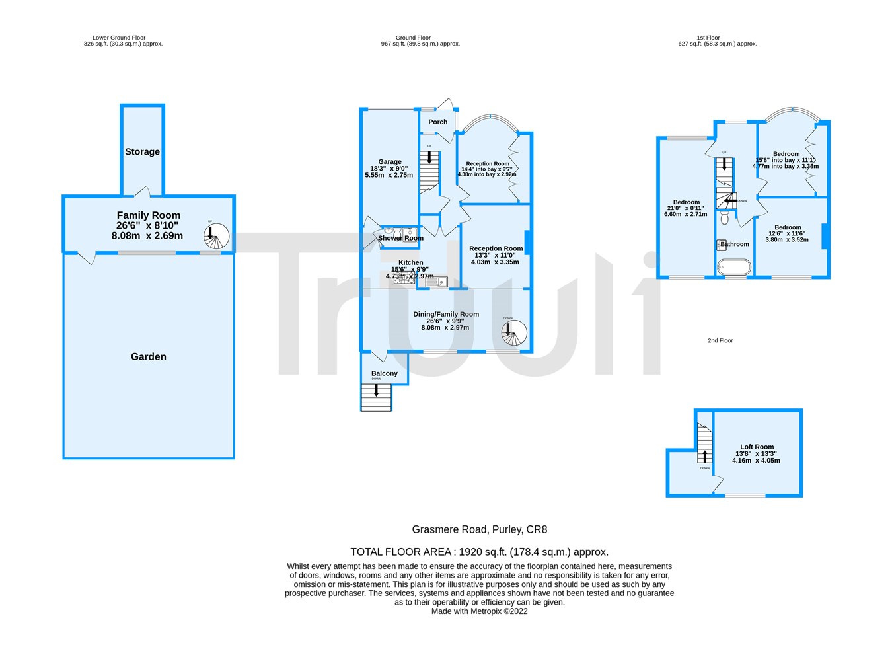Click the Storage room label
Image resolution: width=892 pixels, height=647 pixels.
(142, 152)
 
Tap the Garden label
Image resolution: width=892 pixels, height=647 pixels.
(149, 357)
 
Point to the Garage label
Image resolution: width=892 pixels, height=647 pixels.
(390, 162)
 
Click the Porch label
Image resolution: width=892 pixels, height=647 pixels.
(437, 122)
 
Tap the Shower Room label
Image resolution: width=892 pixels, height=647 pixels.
(400, 238)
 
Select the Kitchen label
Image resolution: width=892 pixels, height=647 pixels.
(410, 262)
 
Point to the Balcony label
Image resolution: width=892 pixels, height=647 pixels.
(385, 373)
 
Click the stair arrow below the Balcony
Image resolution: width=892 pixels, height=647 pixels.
(376, 391)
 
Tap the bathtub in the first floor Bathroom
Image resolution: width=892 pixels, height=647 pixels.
(734, 267)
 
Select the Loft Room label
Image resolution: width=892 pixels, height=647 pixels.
(757, 447)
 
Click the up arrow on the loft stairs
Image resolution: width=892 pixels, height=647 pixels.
(704, 456)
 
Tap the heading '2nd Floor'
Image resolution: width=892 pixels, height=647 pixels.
(720, 341)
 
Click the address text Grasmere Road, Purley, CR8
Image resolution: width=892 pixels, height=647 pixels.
(480, 529)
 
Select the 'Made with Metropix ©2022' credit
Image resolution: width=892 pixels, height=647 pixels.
(480, 611)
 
